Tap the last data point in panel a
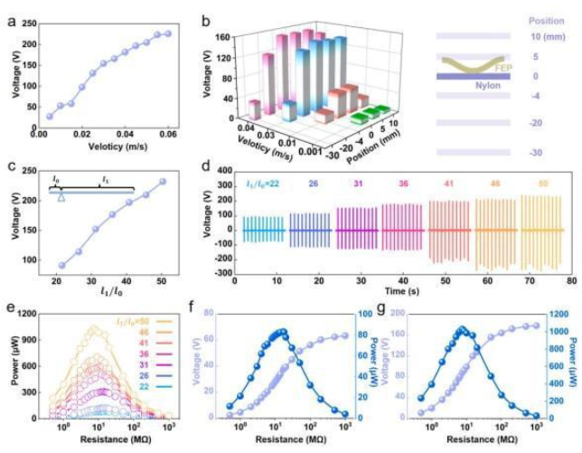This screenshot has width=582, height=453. pyautogui.click(x=166, y=34)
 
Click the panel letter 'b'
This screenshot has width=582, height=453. pyautogui.click(x=206, y=15)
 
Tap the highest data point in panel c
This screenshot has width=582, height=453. pyautogui.click(x=164, y=181)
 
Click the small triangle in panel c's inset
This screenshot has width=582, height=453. pyautogui.click(x=61, y=196)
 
